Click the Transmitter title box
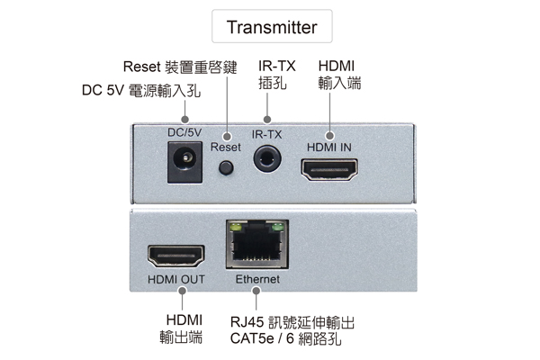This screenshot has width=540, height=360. [x=272, y=27]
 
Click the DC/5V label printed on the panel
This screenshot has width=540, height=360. [x=184, y=133]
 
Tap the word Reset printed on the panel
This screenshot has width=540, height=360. [x=226, y=146]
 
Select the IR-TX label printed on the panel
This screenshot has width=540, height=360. [x=266, y=135]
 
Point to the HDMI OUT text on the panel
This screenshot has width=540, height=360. [x=176, y=280]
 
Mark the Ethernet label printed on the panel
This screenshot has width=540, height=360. [x=257, y=280]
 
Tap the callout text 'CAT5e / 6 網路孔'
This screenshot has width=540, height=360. [x=285, y=339]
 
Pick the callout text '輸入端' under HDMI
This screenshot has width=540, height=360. [x=339, y=84]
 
